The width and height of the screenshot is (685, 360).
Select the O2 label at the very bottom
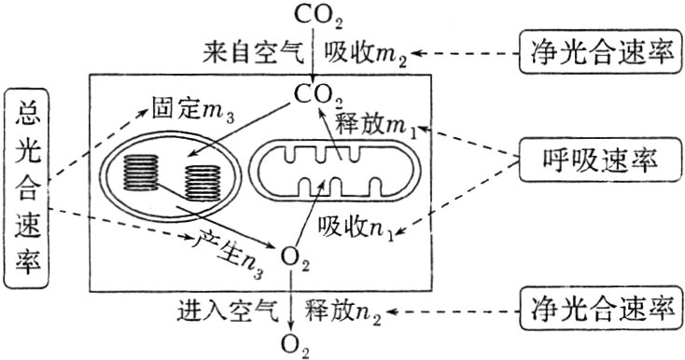click(296, 344)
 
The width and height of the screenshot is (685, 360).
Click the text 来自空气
click(246, 52)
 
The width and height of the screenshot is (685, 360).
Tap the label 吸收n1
click(358, 227)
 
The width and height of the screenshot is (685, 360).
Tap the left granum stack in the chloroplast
click(143, 172)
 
